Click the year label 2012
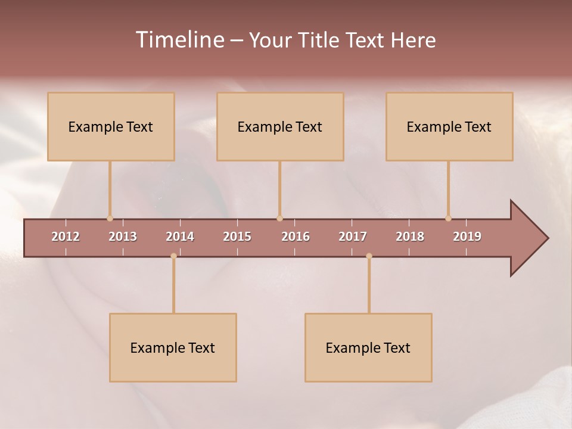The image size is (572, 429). (66, 237)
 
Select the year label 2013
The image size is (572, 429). (123, 237)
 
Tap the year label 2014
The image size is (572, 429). (180, 237)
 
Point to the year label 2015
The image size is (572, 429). (237, 237)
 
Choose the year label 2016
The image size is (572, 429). (296, 237)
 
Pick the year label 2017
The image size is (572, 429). (353, 237)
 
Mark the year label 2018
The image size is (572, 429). (410, 237)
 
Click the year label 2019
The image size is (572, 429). (467, 237)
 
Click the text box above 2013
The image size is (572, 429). (111, 126)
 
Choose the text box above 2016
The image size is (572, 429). (280, 126)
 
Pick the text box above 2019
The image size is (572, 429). (449, 126)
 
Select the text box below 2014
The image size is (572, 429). (173, 347)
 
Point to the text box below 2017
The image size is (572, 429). (368, 347)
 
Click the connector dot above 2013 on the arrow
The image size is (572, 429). (110, 218)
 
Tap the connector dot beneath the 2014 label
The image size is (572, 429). (173, 256)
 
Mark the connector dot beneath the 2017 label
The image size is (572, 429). (369, 256)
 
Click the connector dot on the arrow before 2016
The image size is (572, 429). (279, 218)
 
